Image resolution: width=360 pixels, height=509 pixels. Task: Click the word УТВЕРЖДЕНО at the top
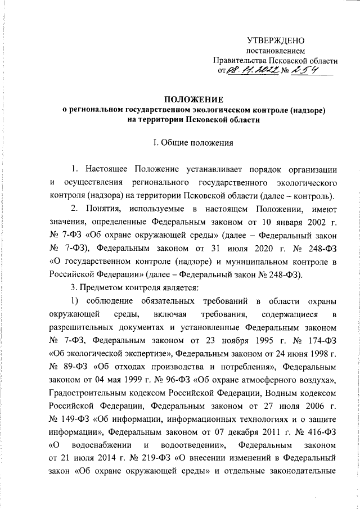pyautogui.click(x=276, y=40)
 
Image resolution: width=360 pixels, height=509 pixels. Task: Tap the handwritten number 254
pyautogui.click(x=301, y=70)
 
